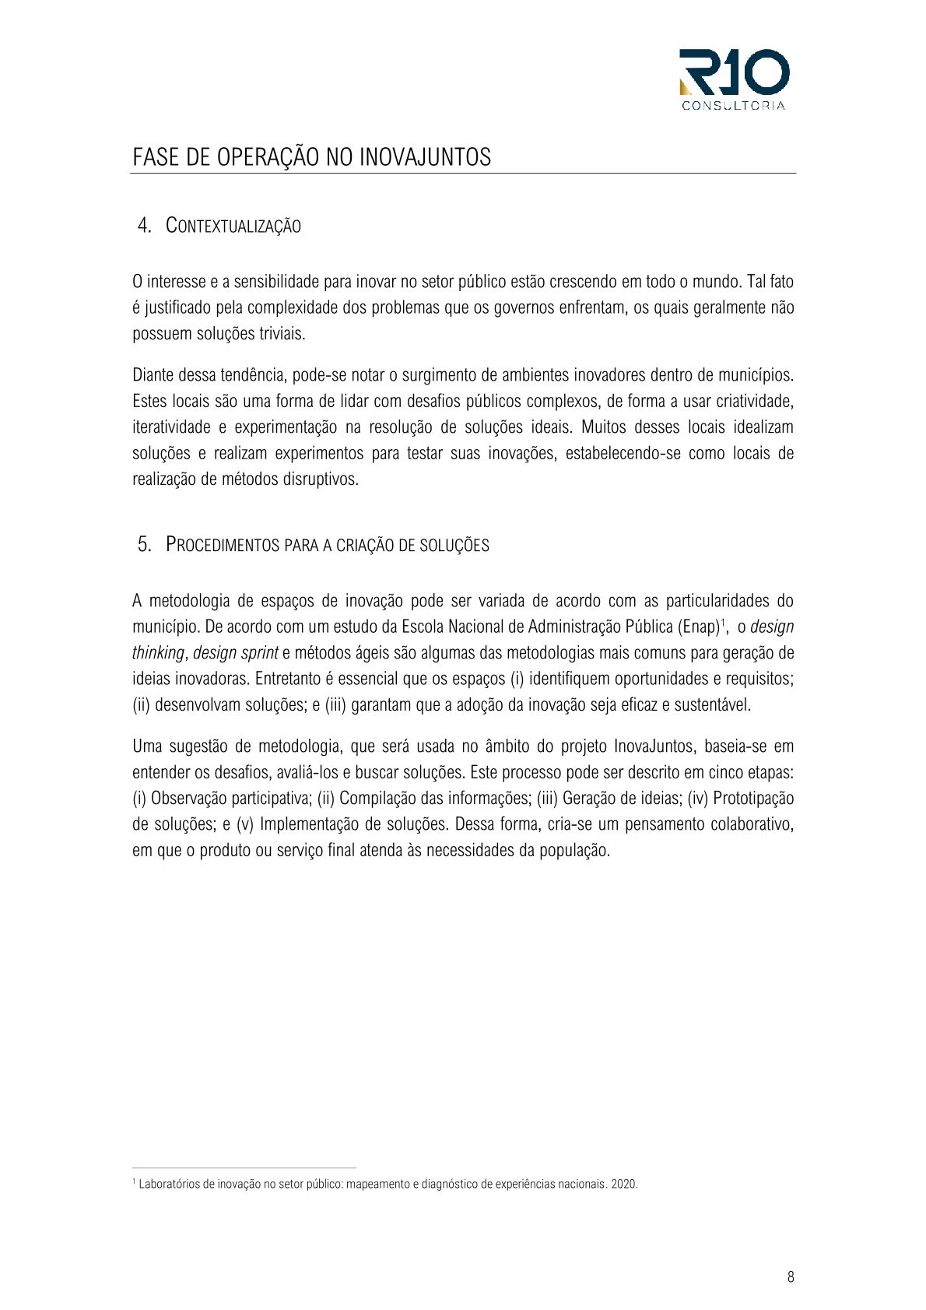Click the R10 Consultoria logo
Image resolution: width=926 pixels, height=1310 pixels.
[x=734, y=79]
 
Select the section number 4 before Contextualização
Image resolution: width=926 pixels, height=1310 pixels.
[x=144, y=226]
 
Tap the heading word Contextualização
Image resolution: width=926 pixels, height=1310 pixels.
[x=233, y=227]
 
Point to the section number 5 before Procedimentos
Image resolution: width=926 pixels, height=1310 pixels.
[x=144, y=544]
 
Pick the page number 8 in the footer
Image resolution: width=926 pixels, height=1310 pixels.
[x=791, y=1277]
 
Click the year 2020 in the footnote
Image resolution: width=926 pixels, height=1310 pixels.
[x=624, y=1184]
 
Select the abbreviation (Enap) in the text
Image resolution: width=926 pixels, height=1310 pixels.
[x=699, y=627]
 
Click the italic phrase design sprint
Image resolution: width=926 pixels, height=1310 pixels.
[x=236, y=652]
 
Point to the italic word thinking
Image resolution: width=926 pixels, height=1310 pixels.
[x=158, y=652]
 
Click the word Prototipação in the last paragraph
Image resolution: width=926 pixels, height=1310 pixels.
[x=752, y=798]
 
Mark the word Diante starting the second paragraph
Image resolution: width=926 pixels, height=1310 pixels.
[x=153, y=374]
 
